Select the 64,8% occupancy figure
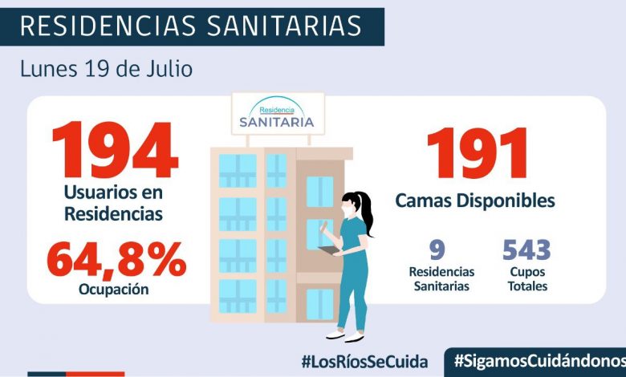pyautogui.click(x=116, y=259)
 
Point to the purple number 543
pyautogui.click(x=526, y=250)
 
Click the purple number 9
pyautogui.click(x=437, y=250)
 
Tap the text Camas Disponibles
pyautogui.click(x=475, y=201)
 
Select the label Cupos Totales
pyautogui.click(x=526, y=279)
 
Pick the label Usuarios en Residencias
pyautogui.click(x=114, y=204)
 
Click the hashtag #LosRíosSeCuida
pyautogui.click(x=364, y=361)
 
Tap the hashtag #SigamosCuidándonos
pyautogui.click(x=539, y=361)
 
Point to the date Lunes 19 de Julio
pyautogui.click(x=107, y=69)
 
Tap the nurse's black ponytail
pyautogui.click(x=367, y=213)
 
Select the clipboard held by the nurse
pyautogui.click(x=329, y=251)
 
